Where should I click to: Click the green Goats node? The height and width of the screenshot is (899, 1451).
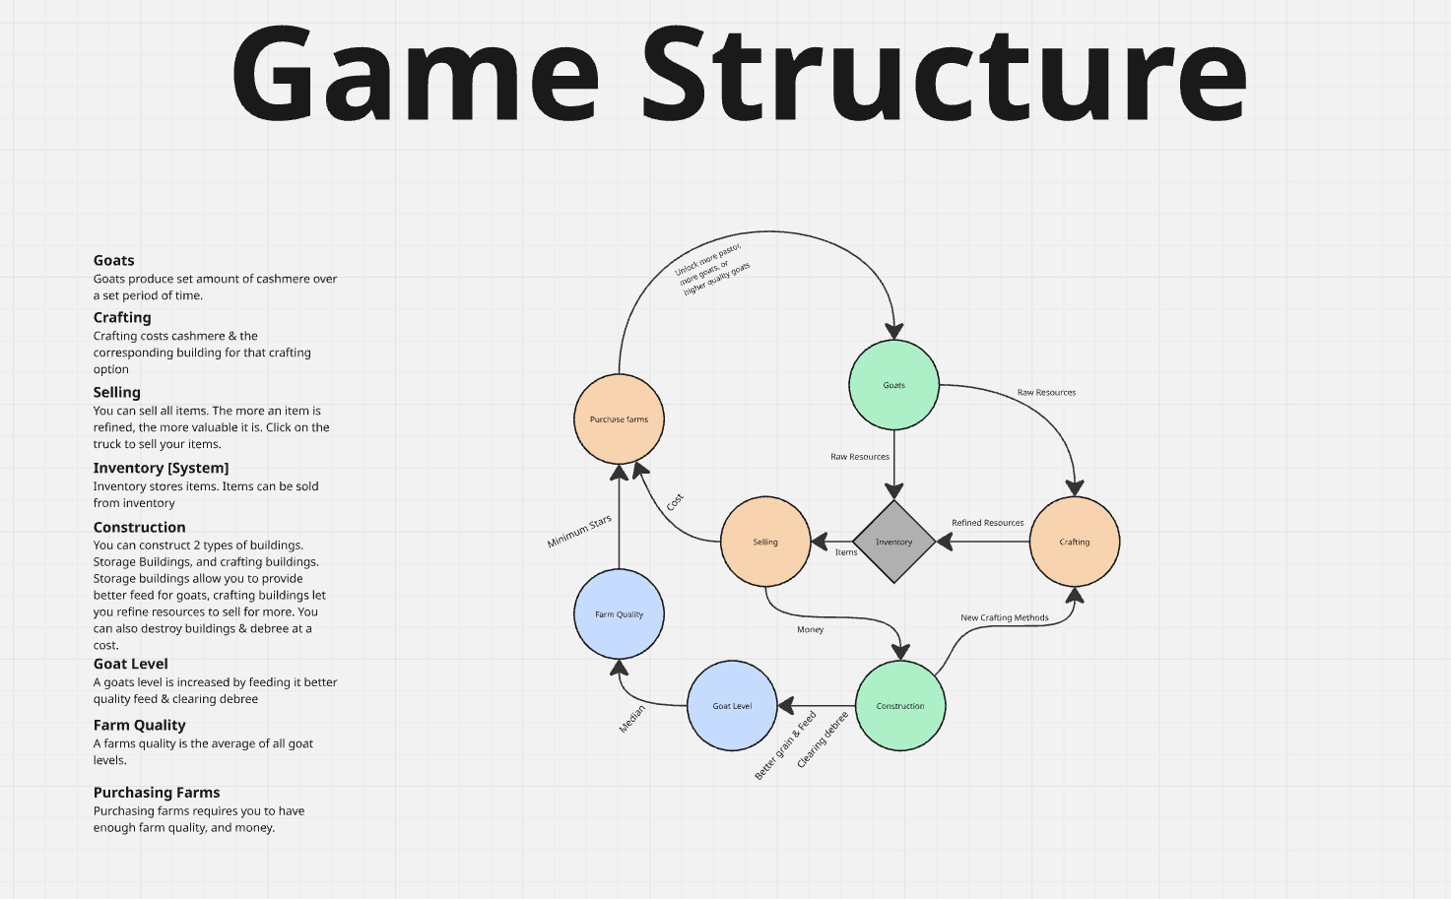pyautogui.click(x=893, y=385)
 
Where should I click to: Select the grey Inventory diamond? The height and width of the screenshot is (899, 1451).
pyautogui.click(x=893, y=542)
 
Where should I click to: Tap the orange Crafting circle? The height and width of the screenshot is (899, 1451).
pyautogui.click(x=1074, y=542)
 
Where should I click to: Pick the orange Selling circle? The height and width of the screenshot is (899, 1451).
pyautogui.click(x=765, y=542)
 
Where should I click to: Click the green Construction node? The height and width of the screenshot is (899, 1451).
pyautogui.click(x=900, y=706)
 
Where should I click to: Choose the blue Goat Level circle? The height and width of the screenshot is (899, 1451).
pyautogui.click(x=732, y=706)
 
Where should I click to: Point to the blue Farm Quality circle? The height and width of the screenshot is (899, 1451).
pyautogui.click(x=619, y=614)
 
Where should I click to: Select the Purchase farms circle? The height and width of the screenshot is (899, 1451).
pyautogui.click(x=619, y=419)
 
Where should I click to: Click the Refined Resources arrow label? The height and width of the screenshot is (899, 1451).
pyautogui.click(x=987, y=523)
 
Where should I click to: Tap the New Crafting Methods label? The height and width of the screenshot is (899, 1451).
pyautogui.click(x=1004, y=617)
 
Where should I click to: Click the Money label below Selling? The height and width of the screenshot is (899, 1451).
pyautogui.click(x=810, y=629)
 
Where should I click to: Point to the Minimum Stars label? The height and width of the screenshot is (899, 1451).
pyautogui.click(x=579, y=532)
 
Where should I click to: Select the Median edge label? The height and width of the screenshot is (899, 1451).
pyautogui.click(x=631, y=719)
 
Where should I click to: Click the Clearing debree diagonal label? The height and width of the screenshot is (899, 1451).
pyautogui.click(x=823, y=740)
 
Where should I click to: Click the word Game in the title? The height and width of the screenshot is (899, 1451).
pyautogui.click(x=415, y=74)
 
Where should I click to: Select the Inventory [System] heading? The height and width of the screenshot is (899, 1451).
pyautogui.click(x=161, y=468)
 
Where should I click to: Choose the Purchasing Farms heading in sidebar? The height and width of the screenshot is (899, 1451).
pyautogui.click(x=157, y=793)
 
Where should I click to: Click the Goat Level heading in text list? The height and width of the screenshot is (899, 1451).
pyautogui.click(x=130, y=664)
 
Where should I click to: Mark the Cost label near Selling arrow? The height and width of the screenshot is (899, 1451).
pyautogui.click(x=675, y=502)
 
